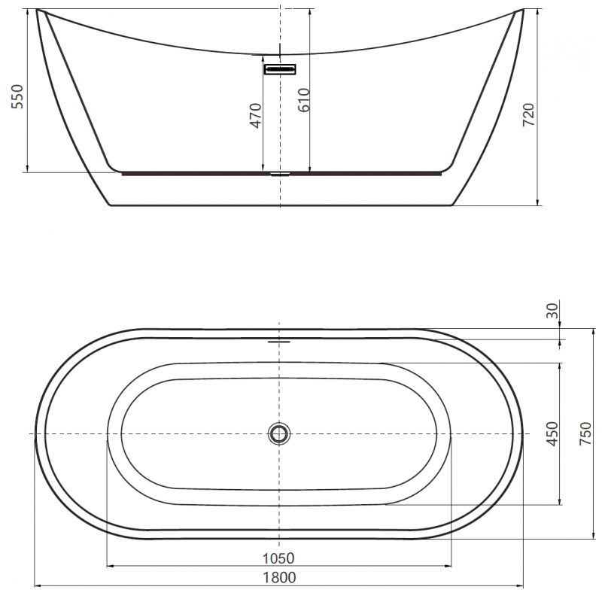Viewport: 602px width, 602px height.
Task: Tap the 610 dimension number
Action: (x=303, y=99)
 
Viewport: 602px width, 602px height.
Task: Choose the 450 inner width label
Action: (x=554, y=434)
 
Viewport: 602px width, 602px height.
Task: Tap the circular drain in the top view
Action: (x=279, y=433)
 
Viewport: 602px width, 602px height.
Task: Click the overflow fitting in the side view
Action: (x=280, y=69)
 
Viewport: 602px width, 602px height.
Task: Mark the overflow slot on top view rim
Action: (x=279, y=339)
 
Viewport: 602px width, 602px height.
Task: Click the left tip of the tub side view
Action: (x=37, y=10)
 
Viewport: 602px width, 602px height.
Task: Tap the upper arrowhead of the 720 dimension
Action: (x=537, y=12)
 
